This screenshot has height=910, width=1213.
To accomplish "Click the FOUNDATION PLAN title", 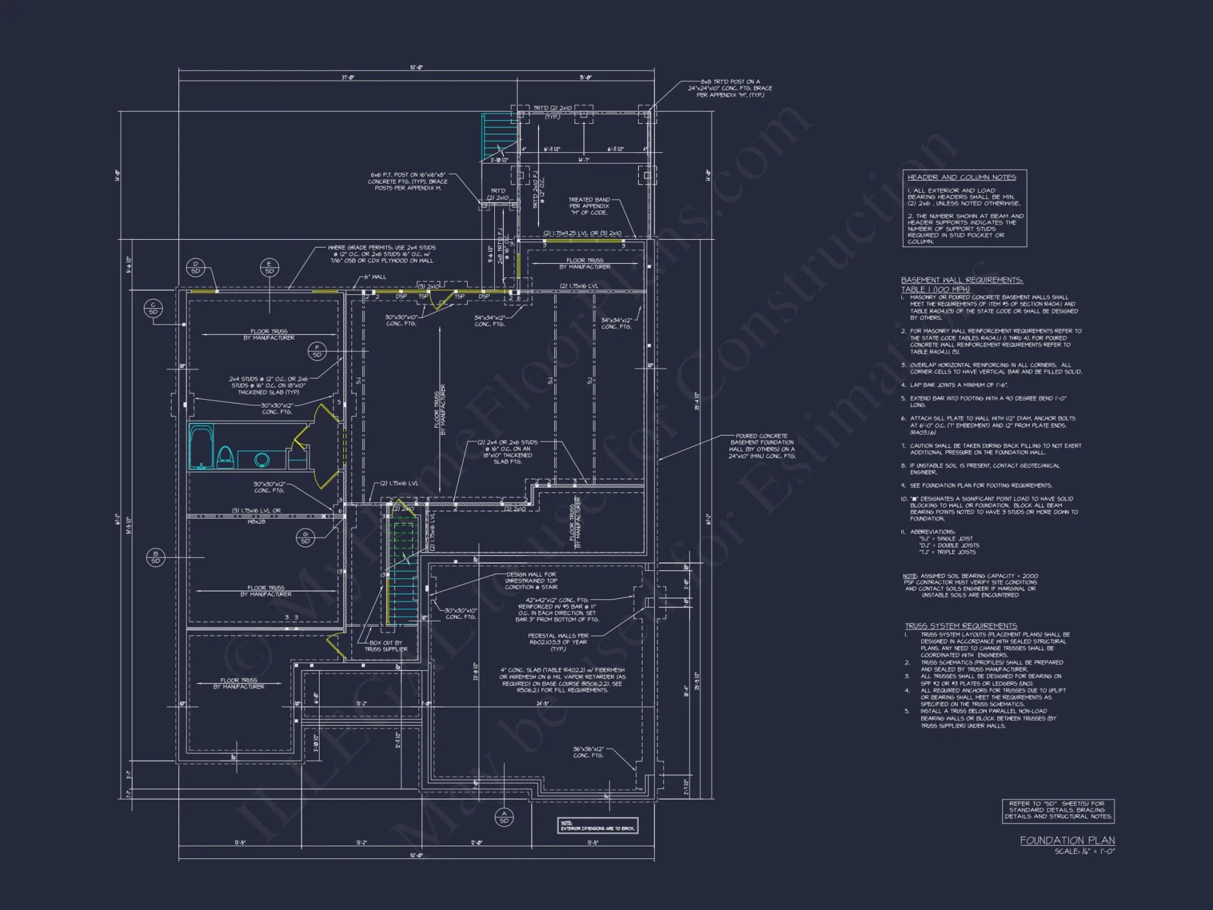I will [1067, 840].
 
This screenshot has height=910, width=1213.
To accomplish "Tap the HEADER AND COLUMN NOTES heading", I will [961, 177].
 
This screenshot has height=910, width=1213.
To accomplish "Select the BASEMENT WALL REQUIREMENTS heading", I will [961, 280].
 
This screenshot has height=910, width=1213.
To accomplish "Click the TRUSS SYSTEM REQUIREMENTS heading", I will [961, 625].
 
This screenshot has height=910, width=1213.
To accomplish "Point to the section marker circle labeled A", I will [503, 817].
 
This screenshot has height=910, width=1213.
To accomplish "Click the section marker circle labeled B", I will [155, 557].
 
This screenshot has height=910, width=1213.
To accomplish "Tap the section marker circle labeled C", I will [153, 308].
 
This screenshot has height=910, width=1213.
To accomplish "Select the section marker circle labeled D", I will [195, 268].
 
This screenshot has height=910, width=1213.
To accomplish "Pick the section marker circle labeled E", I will [269, 268].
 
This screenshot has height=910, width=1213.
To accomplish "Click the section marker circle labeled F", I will [317, 351].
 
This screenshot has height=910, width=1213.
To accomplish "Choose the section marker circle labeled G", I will [305, 538].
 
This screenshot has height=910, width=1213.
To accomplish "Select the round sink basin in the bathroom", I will [262, 459].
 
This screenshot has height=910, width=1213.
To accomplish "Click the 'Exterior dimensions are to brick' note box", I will [597, 826].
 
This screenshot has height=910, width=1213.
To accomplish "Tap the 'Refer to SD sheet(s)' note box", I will [1058, 810].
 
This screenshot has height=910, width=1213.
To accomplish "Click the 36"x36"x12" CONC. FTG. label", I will [588, 752].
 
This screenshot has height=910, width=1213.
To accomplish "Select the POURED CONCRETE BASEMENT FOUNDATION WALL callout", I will [761, 446].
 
